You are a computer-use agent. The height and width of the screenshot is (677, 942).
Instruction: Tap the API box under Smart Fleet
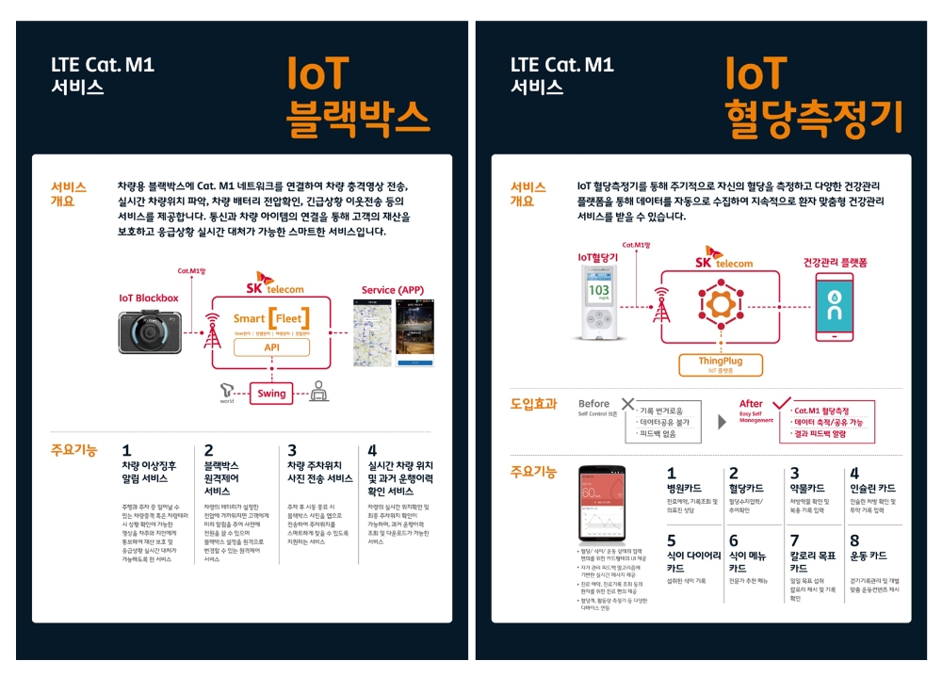tap(271, 347)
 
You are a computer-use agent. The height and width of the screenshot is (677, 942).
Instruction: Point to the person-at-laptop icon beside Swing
tap(318, 391)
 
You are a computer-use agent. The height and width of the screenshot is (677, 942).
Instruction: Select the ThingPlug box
tap(720, 363)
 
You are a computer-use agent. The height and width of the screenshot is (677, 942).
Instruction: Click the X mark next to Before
tap(627, 405)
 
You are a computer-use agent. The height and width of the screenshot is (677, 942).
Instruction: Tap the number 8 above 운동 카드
tap(854, 540)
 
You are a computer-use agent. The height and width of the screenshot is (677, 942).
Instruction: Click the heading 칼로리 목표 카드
tap(812, 562)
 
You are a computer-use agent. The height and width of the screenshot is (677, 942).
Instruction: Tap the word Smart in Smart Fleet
tap(250, 318)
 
